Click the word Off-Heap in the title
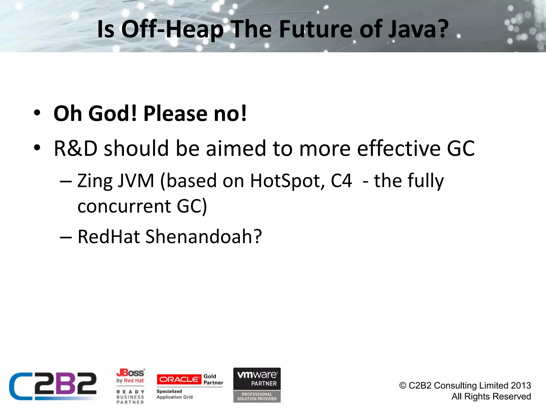pos(172,29)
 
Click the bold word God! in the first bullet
pos(113,114)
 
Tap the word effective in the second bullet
pos(399,148)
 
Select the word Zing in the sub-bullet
pos(95,181)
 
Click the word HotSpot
pos(287,181)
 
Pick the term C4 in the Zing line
pos(341,181)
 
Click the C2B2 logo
pos(53,386)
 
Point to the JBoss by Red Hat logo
pos(130,376)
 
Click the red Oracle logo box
pos(179,379)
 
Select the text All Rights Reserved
pos(491,396)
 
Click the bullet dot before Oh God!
pos(37,113)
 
